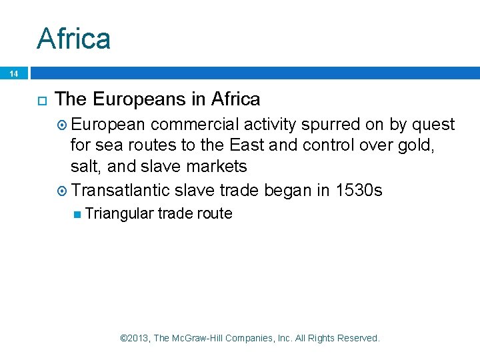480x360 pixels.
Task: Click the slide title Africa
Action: [73, 39]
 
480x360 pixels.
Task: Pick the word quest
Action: [434, 125]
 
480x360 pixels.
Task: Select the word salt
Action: [85, 167]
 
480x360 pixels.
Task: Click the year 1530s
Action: [359, 191]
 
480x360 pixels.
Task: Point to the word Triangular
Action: [120, 214]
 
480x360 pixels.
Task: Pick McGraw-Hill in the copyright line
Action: [199, 338]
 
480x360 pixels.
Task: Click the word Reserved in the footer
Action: [359, 338]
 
